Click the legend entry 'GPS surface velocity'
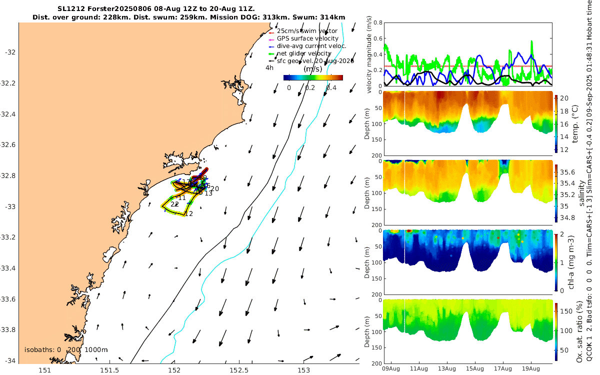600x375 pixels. coord(307,38)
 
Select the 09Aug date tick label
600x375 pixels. coord(390,369)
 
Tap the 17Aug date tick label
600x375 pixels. coord(503,369)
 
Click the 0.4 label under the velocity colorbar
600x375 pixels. coord(330,88)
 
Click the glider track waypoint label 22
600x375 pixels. coord(174,204)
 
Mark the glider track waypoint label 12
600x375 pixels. coord(188,213)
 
